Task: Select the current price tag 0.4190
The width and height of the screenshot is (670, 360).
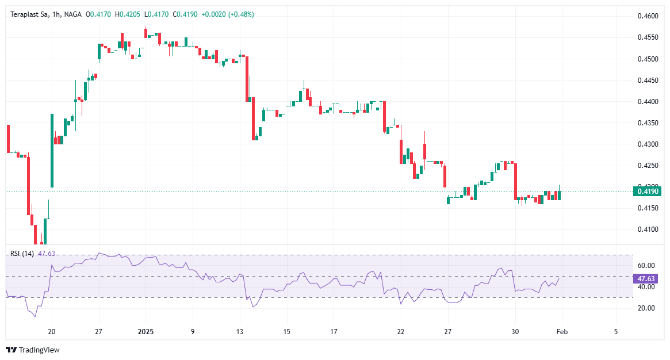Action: pyautogui.click(x=648, y=191)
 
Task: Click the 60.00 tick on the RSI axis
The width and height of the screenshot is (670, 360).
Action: pyautogui.click(x=646, y=266)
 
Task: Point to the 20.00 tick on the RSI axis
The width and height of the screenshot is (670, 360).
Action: pyautogui.click(x=646, y=308)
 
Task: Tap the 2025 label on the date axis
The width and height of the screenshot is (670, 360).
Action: pyautogui.click(x=146, y=332)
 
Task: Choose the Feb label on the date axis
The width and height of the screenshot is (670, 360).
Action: pyautogui.click(x=562, y=332)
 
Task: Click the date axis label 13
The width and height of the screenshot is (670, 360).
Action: pyautogui.click(x=240, y=332)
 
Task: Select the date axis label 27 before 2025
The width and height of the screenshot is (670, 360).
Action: pyautogui.click(x=98, y=332)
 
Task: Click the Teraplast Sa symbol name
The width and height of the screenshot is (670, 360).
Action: pyautogui.click(x=29, y=14)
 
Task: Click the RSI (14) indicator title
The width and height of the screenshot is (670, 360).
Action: pyautogui.click(x=22, y=253)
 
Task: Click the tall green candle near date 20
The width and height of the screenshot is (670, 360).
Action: pyautogui.click(x=52, y=151)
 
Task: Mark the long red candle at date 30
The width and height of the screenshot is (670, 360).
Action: pyautogui.click(x=516, y=181)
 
